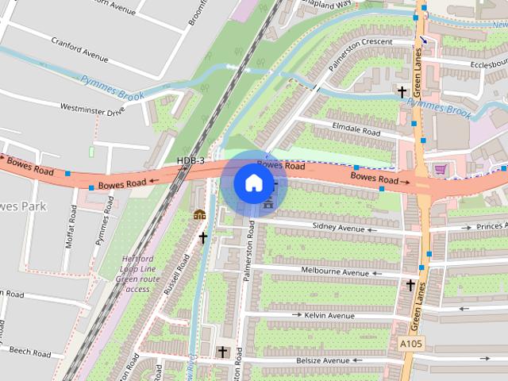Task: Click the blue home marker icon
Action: (252, 183)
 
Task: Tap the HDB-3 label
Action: (191, 161)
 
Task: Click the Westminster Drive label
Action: (92, 109)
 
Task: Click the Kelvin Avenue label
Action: (329, 315)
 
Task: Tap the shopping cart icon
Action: (441, 169)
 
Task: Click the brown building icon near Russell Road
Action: (199, 214)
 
